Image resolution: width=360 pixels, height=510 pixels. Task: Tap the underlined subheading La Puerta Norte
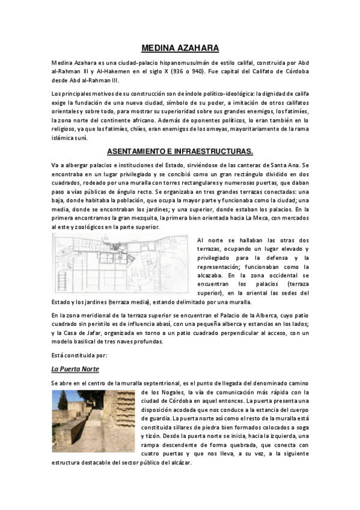click(x=75, y=368)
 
